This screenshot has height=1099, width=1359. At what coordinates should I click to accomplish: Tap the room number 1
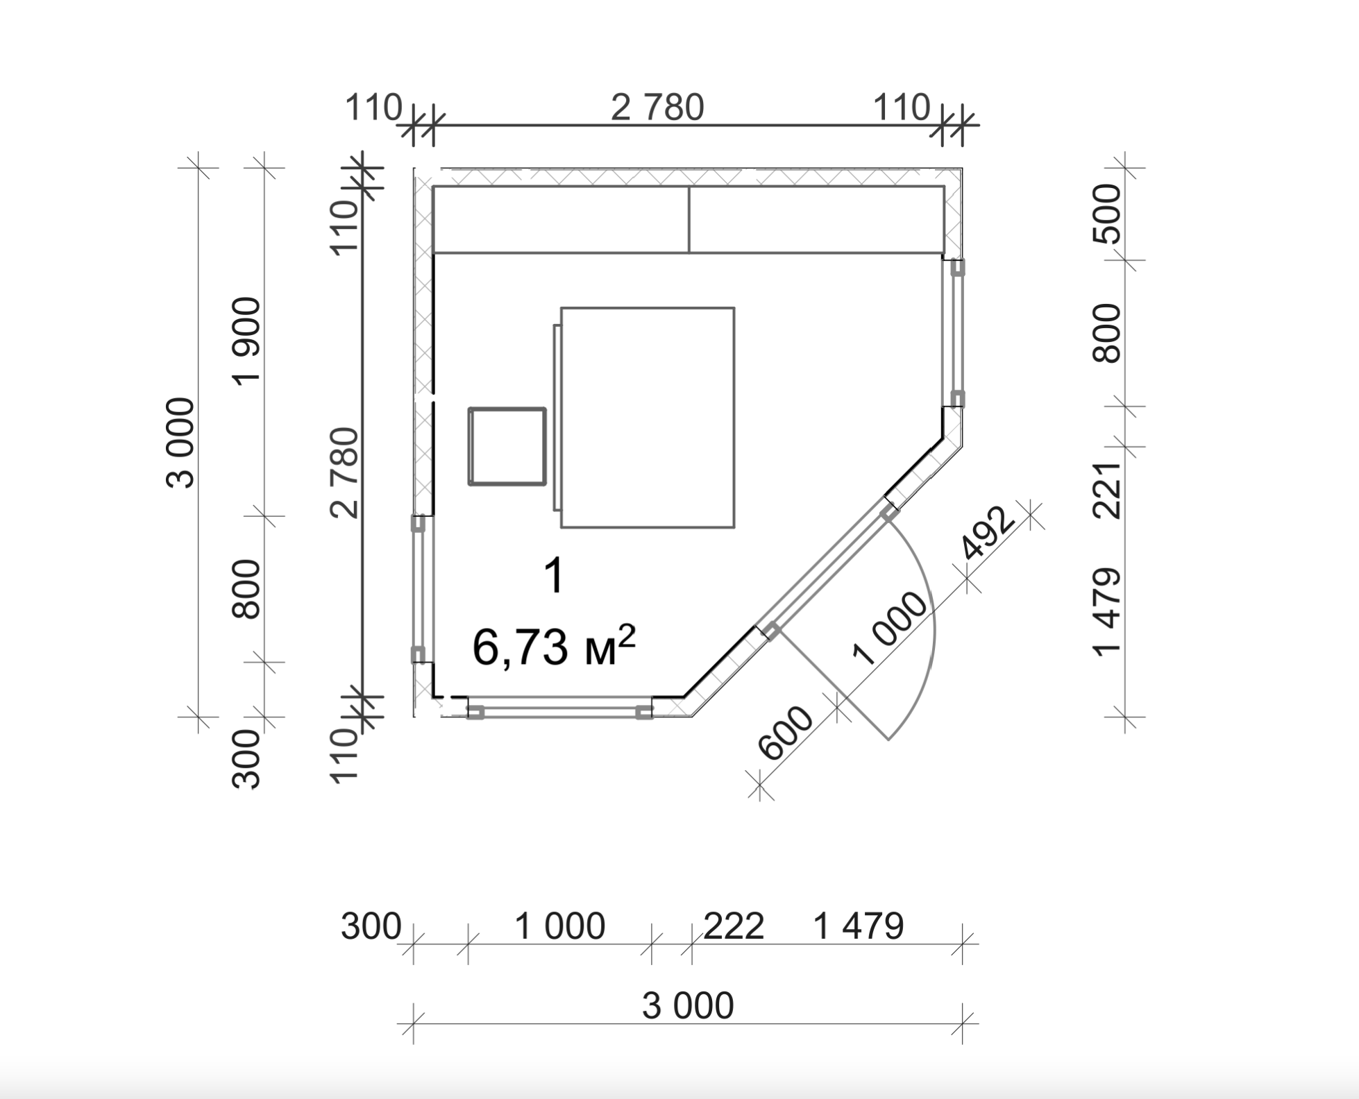[554, 575]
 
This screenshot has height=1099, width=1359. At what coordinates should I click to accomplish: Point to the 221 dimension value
[1107, 490]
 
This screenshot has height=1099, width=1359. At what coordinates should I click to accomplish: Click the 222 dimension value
[734, 926]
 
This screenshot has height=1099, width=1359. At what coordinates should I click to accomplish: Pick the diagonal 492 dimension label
[988, 533]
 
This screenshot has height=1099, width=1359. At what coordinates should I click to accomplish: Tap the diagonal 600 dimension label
[785, 733]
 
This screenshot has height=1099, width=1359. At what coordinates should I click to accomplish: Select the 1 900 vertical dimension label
[246, 340]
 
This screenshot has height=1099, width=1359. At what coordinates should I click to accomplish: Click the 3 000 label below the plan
[687, 1005]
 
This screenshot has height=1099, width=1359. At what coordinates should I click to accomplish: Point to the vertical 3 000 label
[181, 443]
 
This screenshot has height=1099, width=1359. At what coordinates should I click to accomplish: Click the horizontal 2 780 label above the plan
[657, 108]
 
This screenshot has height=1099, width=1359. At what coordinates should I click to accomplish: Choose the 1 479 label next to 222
[858, 926]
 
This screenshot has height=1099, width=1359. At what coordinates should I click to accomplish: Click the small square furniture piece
[507, 446]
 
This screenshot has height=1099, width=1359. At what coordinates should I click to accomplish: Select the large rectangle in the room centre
[648, 418]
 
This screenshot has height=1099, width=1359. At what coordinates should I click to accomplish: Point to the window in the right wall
[957, 333]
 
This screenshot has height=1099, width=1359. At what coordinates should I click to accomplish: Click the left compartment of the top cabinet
[561, 219]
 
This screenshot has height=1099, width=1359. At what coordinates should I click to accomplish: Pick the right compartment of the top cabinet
[816, 219]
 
